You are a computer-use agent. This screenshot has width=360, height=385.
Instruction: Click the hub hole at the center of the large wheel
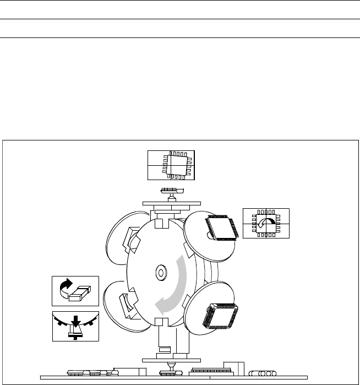pyautogui.click(x=161, y=272)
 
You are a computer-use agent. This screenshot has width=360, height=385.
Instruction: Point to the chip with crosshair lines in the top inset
pyautogui.click(x=171, y=164)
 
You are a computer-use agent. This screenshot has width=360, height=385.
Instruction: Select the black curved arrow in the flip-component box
pyautogui.click(x=65, y=286)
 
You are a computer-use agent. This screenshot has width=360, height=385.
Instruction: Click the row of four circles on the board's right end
pyautogui.click(x=263, y=373)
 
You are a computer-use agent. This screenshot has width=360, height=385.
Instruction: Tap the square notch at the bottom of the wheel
pyautogui.click(x=161, y=322)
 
